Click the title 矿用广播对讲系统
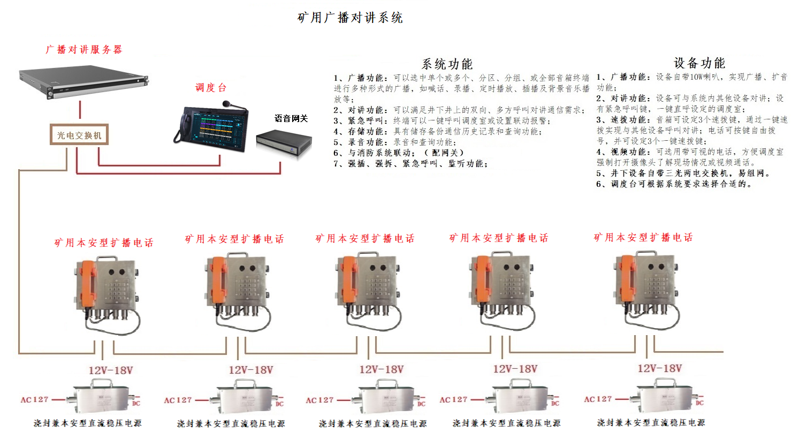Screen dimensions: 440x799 pos(350,18)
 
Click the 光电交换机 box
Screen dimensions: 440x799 pos(79,135)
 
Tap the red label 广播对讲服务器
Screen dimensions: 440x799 pos(83,50)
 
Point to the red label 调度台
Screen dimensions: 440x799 pos(211,87)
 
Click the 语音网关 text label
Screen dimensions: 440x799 pos(291,118)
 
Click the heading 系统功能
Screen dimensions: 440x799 pos(447,64)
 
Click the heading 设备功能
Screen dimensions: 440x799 pos(699,63)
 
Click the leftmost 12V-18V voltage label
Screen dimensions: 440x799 pos(111,370)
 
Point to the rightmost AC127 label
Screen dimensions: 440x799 pos(598,399)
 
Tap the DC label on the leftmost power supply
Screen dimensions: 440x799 pos(136,404)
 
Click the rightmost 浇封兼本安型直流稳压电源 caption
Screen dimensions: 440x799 pos(651,423)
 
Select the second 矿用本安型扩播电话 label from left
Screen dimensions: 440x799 pos(234,239)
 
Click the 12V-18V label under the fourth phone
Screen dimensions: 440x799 pos(515,369)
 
